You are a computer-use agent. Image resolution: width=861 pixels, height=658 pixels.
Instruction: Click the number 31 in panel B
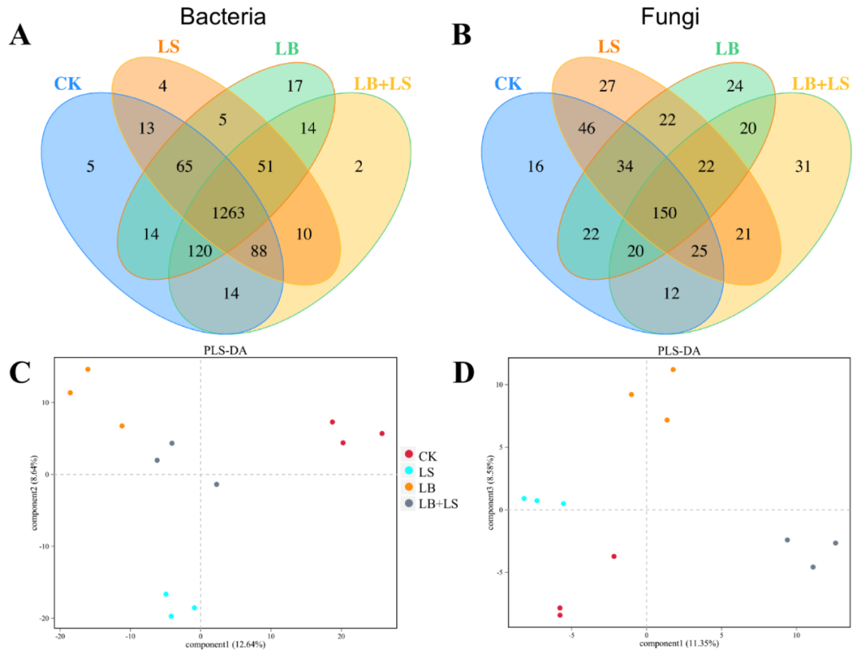(x=804, y=166)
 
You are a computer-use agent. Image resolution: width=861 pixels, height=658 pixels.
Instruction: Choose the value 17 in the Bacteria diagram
(x=294, y=86)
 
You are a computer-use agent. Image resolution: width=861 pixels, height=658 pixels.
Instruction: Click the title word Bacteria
(x=223, y=17)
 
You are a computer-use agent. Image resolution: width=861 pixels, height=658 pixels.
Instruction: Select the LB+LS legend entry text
(x=436, y=503)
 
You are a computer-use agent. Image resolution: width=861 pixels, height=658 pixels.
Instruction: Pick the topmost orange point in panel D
(x=673, y=370)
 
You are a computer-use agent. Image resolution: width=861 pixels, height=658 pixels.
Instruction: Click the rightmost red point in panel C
(x=382, y=433)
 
